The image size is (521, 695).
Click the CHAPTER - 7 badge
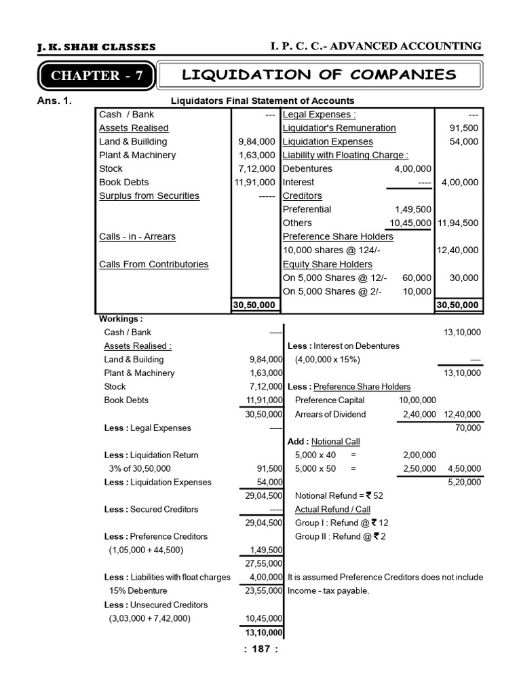pos(97,76)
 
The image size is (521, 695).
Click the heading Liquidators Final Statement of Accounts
pos(261,101)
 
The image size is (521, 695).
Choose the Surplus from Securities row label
pos(149,196)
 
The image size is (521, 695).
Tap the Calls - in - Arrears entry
pos(137,237)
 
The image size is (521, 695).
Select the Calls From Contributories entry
pos(153,264)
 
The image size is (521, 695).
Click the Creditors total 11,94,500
pos(458,223)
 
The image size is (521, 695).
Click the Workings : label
pos(121,318)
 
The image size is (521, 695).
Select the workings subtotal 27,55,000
pos(264,563)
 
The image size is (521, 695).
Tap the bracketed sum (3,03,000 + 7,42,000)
pos(149,618)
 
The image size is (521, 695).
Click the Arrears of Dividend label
pos(330,414)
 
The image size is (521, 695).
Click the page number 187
pos(260,649)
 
